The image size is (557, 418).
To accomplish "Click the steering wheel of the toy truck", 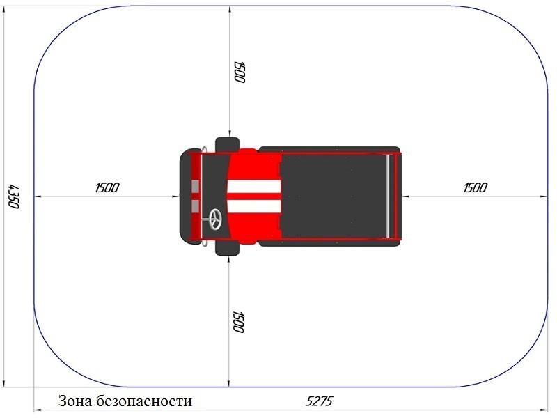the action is [x=214, y=219].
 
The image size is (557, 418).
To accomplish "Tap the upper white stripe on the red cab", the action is [x=253, y=187].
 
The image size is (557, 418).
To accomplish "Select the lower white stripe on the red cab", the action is [x=253, y=206].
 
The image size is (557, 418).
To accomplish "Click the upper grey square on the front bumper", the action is [x=195, y=186].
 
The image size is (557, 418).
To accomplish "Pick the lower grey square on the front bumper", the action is [x=195, y=206].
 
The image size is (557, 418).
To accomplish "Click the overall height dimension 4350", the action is [x=13, y=196].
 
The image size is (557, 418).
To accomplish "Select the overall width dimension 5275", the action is [x=319, y=401].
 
